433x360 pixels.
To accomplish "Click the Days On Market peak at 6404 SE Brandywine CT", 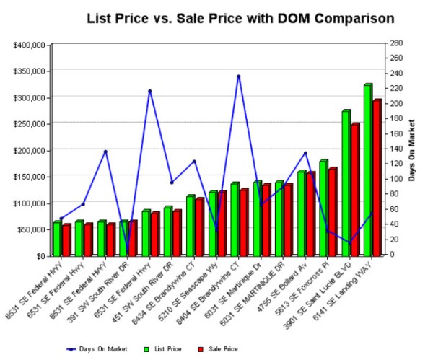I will point(238,76).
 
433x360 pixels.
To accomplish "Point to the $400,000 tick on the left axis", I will point(30,45).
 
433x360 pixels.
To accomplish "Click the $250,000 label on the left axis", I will point(30,124).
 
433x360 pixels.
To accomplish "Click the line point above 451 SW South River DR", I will point(171,183).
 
